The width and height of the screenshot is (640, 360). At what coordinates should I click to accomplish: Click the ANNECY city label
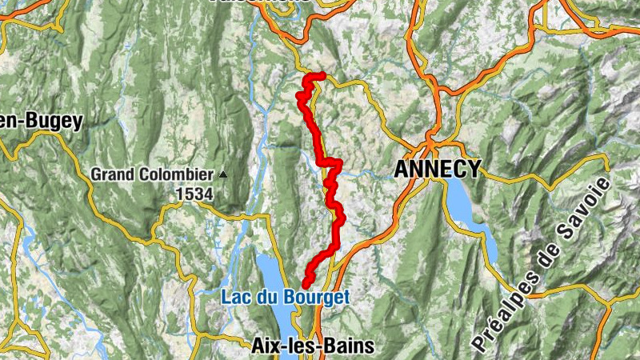coord(438,169)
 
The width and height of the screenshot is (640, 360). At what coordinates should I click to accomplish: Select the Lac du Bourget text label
coord(286,298)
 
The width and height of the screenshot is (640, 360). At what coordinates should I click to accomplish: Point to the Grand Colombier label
coord(152,174)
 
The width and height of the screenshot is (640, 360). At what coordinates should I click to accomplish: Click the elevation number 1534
coord(195,194)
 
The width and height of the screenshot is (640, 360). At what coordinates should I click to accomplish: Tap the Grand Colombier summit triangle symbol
coord(223,174)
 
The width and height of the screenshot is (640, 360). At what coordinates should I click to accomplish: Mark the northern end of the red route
coord(324,76)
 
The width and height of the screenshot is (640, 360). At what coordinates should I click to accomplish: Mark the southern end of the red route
coord(306,285)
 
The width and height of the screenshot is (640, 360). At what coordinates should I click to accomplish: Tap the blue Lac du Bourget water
coord(272,272)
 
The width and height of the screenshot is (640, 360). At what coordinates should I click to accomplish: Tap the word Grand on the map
coord(109,174)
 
